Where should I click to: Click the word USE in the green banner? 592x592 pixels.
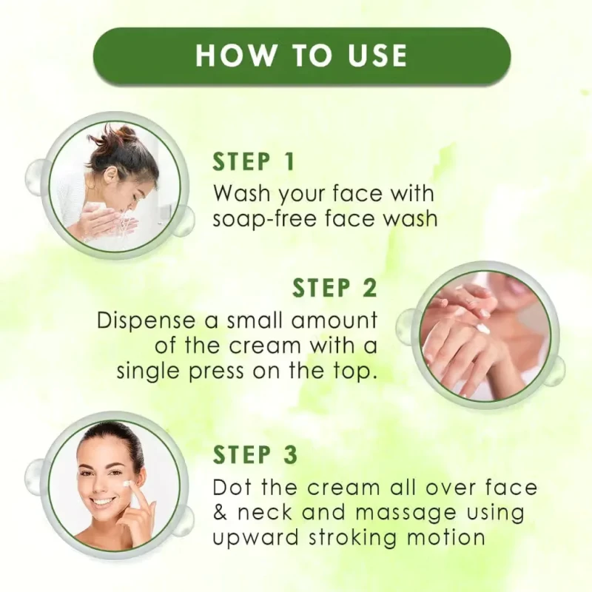pos(377,55)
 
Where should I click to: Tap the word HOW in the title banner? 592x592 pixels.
pos(236,55)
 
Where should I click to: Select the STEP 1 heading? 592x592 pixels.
pos(253,161)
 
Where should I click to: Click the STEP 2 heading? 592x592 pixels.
pos(335,288)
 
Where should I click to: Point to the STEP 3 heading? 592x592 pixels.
pos(255,454)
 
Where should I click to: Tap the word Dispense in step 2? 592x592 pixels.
pos(147,321)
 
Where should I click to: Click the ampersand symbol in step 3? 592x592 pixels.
pos(220,513)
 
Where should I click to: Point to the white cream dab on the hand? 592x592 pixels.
pos(482,329)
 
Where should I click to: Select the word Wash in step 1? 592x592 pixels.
pos(243,194)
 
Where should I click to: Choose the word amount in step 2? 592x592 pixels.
pos(335,321)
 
